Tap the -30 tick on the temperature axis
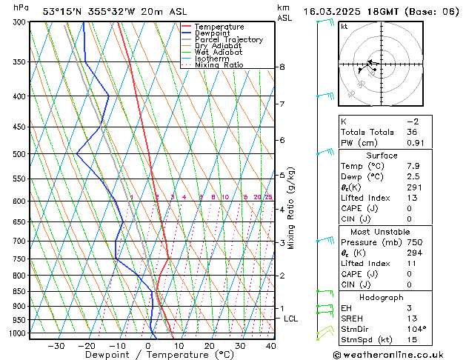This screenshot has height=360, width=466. click(x=56, y=345)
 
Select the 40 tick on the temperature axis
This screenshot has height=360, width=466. click(x=270, y=345)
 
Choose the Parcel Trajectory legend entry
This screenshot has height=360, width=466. click(x=228, y=40)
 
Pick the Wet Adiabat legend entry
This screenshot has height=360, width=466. click(x=219, y=53)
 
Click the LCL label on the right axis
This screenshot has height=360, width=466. click(x=291, y=319)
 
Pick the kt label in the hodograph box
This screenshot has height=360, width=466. click(x=344, y=26)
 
